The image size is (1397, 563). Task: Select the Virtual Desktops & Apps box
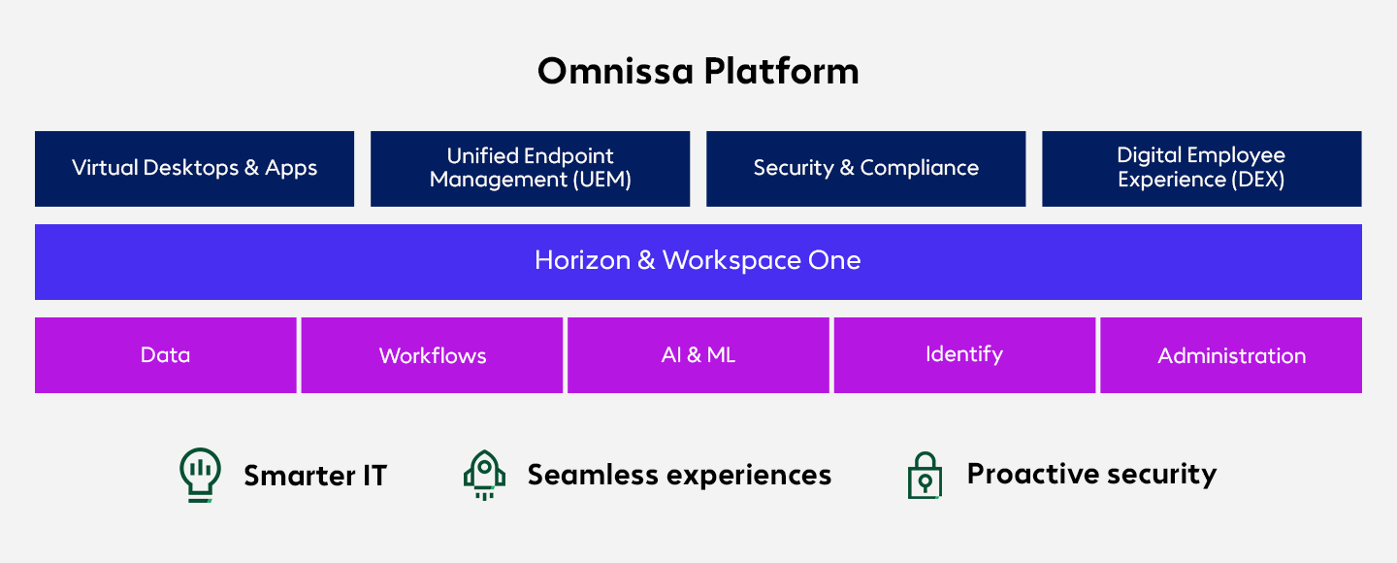(194, 168)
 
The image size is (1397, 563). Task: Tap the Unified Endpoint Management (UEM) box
(530, 168)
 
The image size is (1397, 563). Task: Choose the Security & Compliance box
(865, 168)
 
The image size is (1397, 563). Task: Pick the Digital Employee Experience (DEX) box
(1201, 168)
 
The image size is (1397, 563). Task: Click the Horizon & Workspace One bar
(698, 261)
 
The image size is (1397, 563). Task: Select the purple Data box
(165, 355)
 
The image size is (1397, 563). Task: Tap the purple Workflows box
(432, 355)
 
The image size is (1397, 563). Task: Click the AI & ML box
(698, 355)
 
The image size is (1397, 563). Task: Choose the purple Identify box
(964, 355)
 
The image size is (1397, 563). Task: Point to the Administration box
(1231, 355)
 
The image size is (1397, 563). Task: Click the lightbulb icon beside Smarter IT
(200, 474)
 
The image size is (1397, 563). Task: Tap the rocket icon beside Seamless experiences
(484, 475)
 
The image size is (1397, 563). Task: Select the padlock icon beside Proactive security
(925, 475)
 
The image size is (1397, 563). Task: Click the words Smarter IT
(315, 476)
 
